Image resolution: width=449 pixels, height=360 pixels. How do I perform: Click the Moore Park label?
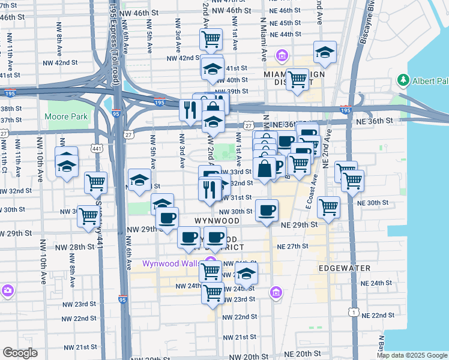click(67, 116)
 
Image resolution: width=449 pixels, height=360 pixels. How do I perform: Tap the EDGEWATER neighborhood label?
click(345, 268)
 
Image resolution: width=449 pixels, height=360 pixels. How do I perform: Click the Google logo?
click(20, 353)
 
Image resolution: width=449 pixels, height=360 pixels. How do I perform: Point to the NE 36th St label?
click(372, 121)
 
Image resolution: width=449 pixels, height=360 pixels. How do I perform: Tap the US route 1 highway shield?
click(355, 313)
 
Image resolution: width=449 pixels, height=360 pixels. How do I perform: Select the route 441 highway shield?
click(97, 148)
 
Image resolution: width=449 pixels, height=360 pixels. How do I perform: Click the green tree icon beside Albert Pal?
click(403, 80)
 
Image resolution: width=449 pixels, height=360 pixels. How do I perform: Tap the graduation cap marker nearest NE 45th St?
click(325, 53)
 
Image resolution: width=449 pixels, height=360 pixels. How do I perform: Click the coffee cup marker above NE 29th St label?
click(267, 210)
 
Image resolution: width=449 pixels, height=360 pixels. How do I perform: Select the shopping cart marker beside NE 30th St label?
click(328, 207)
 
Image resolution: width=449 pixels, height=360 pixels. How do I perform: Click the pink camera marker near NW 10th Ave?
click(7, 290)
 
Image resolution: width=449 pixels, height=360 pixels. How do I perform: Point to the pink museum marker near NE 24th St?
click(276, 292)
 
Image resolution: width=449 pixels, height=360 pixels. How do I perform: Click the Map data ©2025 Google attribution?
click(411, 355)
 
